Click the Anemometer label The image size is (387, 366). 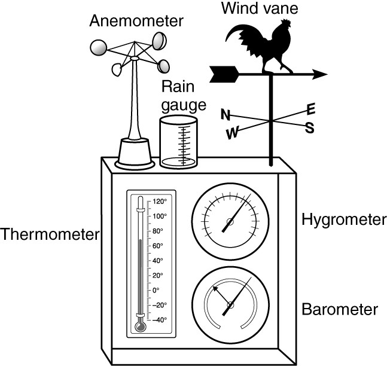pos(136,21)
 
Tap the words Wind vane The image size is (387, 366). pos(260,8)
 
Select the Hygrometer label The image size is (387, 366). pos(344,220)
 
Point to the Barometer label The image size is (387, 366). pos(340,309)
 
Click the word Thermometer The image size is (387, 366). pos(50,234)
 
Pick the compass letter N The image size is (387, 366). pos(226,114)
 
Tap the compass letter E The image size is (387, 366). pos(310,109)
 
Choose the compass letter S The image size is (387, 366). pos(309,128)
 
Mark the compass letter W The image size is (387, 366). pos(233,133)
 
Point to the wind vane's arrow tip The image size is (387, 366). pos(327,74)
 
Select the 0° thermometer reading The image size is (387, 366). pos(156,290)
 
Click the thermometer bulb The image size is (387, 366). pos(140,327)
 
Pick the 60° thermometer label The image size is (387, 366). pos(158,246)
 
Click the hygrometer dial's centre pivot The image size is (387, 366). pos(230,222)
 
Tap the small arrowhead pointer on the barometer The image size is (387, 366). pos(215,289)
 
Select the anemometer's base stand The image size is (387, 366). pos(135,154)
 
